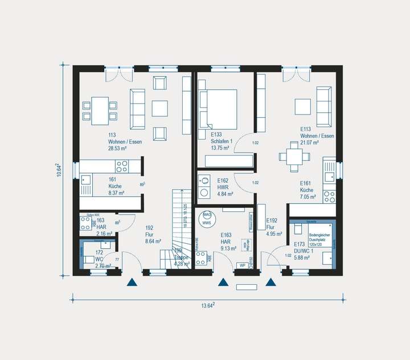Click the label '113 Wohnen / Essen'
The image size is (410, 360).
(125, 141)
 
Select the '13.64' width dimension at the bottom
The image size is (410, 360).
(208, 305)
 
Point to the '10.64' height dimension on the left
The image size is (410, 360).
(59, 170)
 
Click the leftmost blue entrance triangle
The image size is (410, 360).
(133, 281)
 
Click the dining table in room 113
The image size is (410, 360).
(100, 110)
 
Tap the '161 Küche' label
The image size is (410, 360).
(116, 186)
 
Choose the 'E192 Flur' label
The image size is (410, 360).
(273, 226)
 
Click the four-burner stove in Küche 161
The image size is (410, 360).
(122, 166)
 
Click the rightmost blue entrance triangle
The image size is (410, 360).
(270, 281)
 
